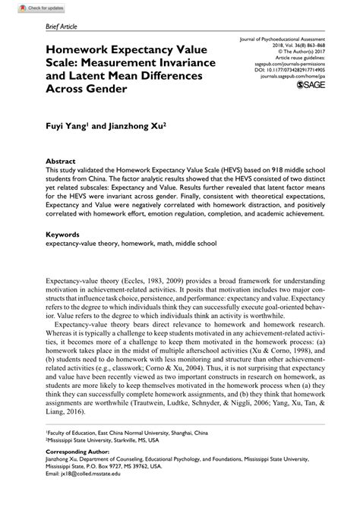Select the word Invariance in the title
pyautogui.click(x=176, y=61)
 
